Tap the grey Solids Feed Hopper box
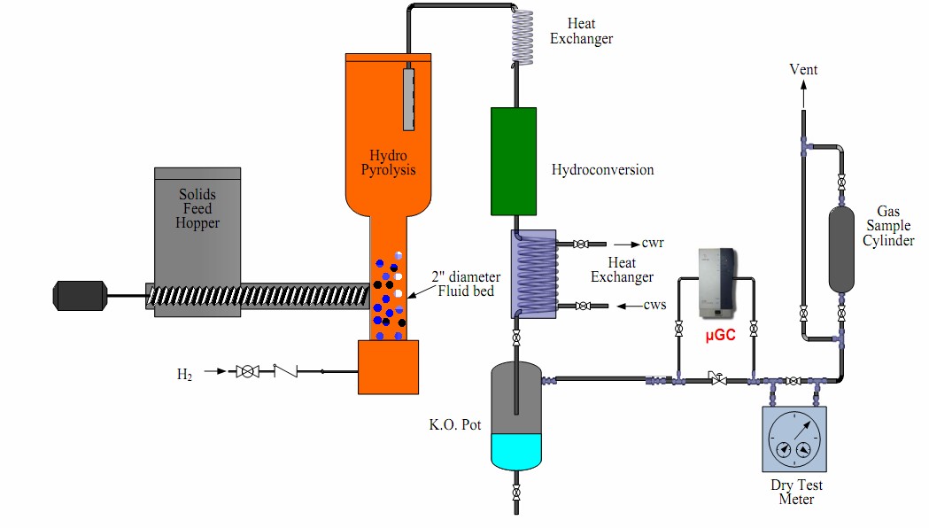197,221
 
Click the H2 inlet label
184,374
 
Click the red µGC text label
721,336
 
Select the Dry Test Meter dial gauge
794,439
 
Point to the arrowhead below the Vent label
803,87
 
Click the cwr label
654,244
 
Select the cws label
654,307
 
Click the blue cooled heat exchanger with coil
533,274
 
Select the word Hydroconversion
602,169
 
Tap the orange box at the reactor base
387,367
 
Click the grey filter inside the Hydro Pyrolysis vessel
408,97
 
